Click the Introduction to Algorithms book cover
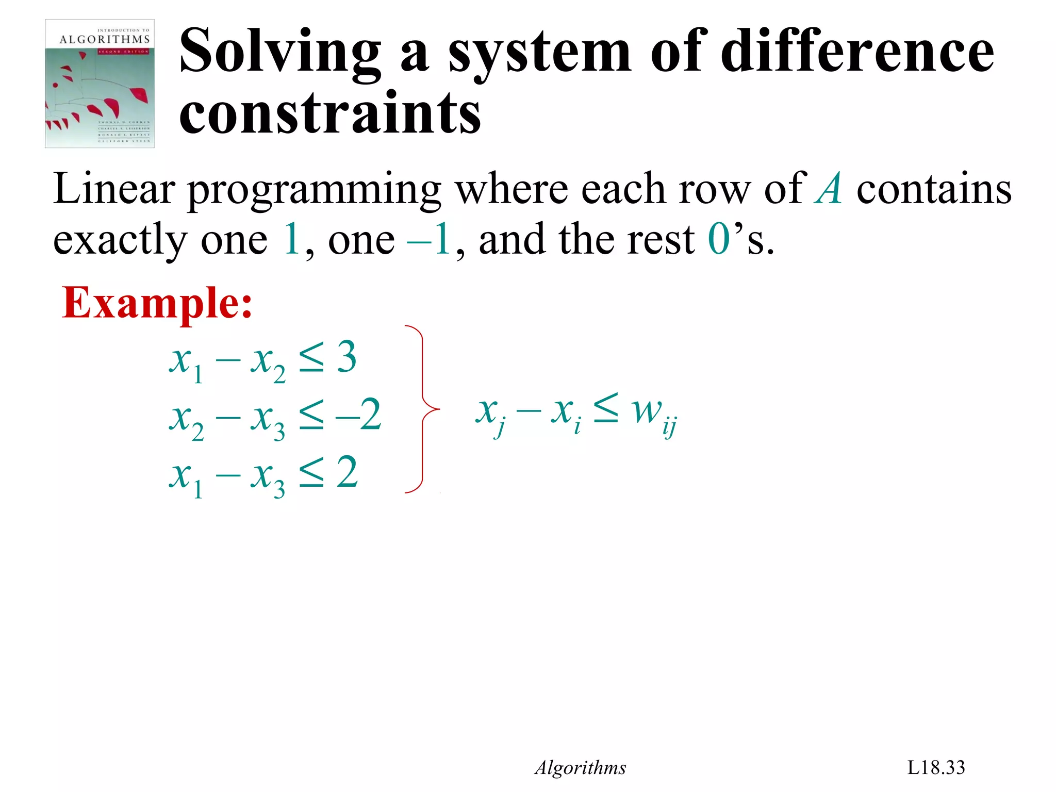tap(100, 84)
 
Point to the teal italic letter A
tap(829, 189)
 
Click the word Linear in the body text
tap(114, 189)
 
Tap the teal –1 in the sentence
tap(429, 239)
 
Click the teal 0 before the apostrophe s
tap(719, 239)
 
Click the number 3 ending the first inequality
tap(346, 357)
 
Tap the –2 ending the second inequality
tap(359, 415)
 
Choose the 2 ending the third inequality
tap(348, 472)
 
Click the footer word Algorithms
tap(580, 768)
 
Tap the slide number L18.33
tap(936, 768)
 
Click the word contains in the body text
tap(934, 189)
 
